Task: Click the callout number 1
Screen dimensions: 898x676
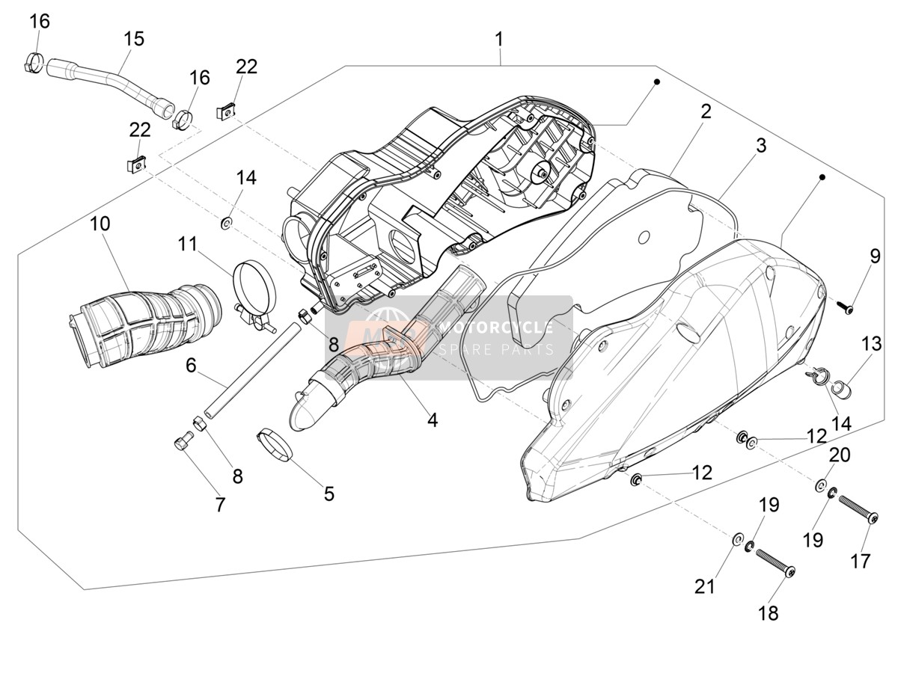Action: coord(498,40)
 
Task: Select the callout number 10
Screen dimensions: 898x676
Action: coord(100,224)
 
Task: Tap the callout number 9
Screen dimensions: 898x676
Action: coord(875,256)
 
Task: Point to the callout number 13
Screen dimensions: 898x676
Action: coord(871,343)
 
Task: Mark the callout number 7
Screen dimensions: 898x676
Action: coord(220,505)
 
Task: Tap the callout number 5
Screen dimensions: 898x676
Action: coord(329,494)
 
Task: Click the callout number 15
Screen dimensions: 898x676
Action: coord(134,39)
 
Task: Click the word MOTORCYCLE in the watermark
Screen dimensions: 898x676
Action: coord(496,328)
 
